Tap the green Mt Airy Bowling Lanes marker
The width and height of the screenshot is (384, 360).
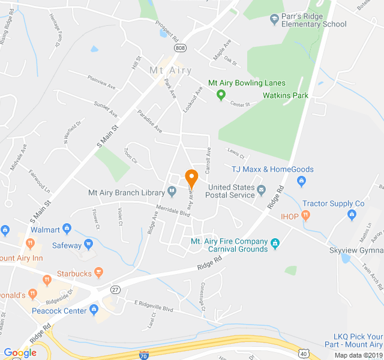221,94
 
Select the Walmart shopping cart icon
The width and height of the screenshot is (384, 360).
67,229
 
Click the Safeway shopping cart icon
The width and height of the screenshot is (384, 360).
89,245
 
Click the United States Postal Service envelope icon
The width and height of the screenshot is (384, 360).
262,191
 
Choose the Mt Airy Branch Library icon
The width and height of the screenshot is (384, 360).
172,193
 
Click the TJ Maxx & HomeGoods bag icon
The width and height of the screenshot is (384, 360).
302,181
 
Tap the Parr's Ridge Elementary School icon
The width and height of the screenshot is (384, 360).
274,19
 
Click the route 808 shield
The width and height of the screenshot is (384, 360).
180,47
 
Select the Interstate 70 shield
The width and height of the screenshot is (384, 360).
143,355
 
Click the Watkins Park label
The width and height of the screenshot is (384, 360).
285,95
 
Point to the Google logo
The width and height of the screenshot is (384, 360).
20,353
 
